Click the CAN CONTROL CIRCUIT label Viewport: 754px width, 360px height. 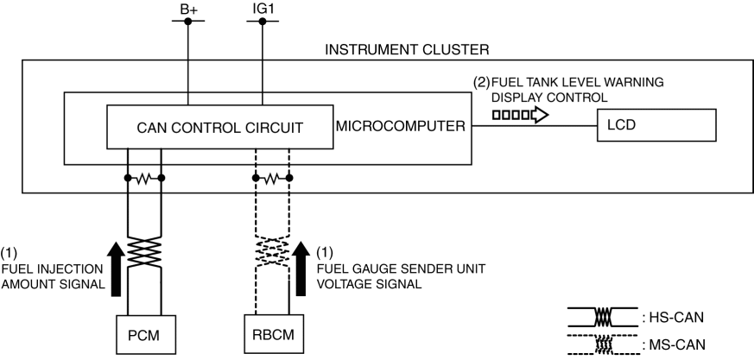click(x=220, y=128)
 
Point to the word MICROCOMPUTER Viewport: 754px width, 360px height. click(x=400, y=127)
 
